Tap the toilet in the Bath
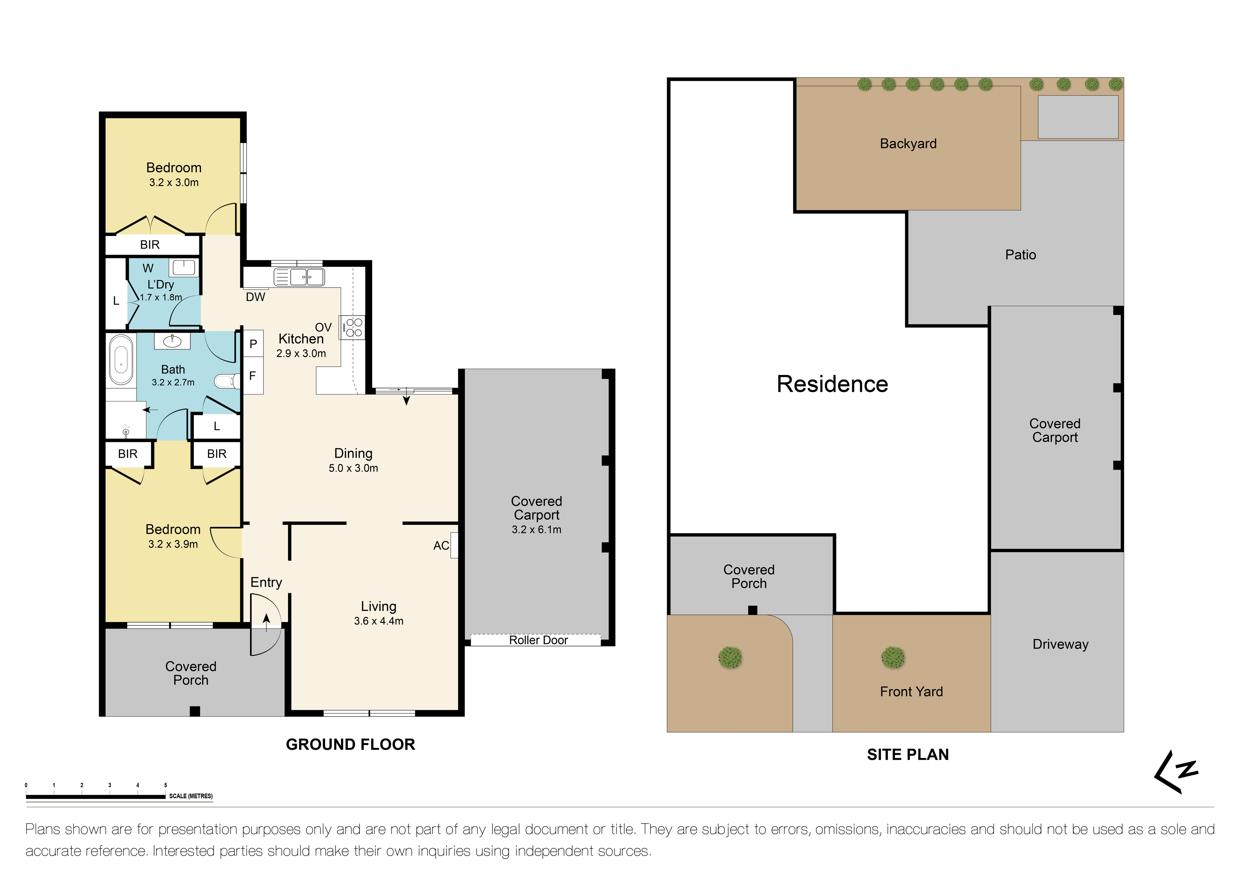click(226, 381)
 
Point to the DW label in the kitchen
click(255, 297)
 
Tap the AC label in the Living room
click(441, 546)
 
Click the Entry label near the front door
click(266, 582)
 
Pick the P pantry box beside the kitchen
click(253, 344)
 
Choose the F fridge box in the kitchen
click(252, 376)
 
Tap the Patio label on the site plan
click(1020, 255)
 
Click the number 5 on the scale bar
click(165, 785)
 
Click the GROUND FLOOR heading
click(350, 744)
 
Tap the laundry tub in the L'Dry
click(185, 268)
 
